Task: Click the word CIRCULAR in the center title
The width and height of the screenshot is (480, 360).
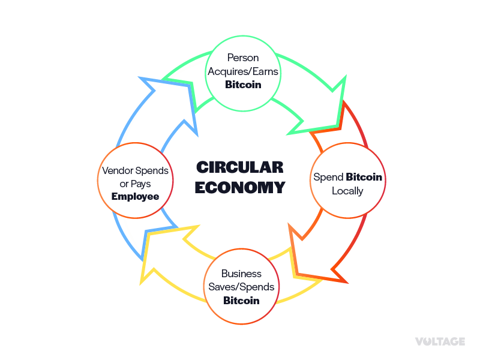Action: click(240, 167)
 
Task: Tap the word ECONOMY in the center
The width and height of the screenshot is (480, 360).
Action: click(240, 187)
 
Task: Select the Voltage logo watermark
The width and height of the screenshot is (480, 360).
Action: click(440, 341)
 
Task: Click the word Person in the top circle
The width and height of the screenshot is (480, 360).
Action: click(243, 58)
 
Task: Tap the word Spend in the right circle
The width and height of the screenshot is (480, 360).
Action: click(328, 178)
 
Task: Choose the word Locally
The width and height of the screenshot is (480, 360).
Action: click(347, 191)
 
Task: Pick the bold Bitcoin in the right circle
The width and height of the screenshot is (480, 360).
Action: click(364, 178)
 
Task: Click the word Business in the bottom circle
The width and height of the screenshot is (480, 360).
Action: click(241, 274)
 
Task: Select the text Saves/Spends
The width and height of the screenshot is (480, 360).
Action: click(241, 287)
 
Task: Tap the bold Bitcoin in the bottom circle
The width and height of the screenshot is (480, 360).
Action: click(241, 300)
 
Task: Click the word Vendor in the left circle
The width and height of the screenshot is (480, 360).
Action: click(118, 170)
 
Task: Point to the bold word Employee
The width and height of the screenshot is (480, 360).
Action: click(135, 196)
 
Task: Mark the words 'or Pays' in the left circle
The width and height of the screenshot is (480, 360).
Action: click(135, 184)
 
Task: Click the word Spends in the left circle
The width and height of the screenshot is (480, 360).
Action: click(152, 170)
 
